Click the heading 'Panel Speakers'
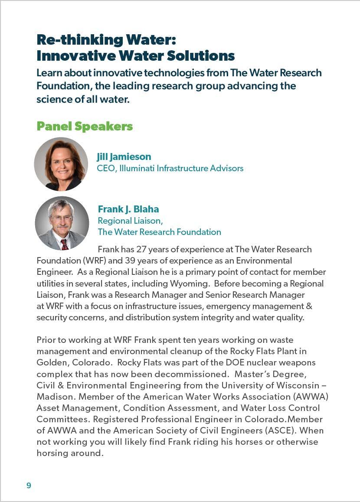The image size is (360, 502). [x=85, y=126]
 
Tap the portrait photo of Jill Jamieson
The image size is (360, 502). [x=61, y=164]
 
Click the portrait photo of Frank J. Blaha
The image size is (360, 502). [x=62, y=223]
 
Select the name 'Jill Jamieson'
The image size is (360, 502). [x=124, y=156]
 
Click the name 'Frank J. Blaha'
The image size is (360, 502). [x=128, y=209]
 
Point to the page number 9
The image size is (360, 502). [x=29, y=486]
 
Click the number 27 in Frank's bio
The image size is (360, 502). [x=141, y=249]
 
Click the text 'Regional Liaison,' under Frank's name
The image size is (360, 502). [x=131, y=221]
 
